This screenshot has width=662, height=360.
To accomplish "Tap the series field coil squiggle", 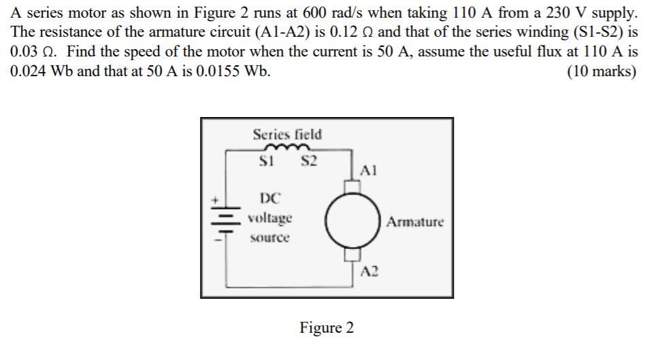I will click(x=288, y=149).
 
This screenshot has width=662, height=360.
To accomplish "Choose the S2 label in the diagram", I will click(x=308, y=162).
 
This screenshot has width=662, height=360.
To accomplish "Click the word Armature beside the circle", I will click(x=415, y=221).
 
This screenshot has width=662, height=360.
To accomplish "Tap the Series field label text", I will click(x=287, y=135).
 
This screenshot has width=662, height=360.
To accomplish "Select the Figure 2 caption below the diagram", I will click(x=327, y=328).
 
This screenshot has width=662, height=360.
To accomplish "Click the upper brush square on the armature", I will click(x=351, y=185).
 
